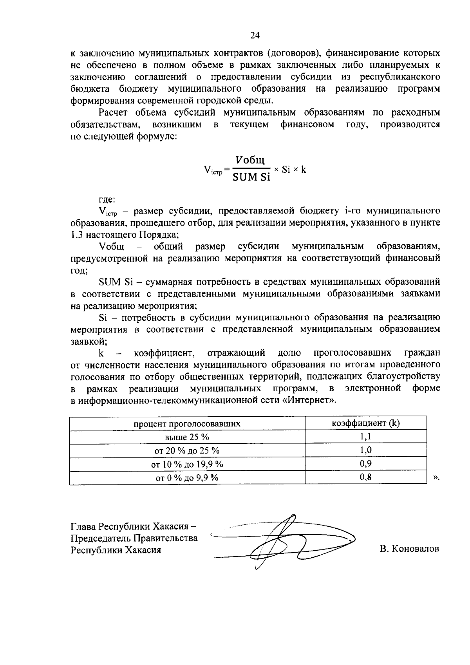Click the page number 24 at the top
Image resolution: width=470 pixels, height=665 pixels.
pyautogui.click(x=255, y=36)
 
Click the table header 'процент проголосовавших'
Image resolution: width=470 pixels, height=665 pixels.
pyautogui.click(x=187, y=424)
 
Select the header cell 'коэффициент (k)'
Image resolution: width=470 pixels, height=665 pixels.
pyautogui.click(x=366, y=423)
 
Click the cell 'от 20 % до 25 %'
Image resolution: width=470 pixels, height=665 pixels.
pyautogui.click(x=187, y=451)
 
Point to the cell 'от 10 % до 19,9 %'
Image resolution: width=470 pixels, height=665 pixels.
pyautogui.click(x=187, y=464)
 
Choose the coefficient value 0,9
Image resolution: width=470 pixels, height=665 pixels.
pyautogui.click(x=366, y=464)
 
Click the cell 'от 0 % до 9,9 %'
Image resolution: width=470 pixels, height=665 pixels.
pyautogui.click(x=187, y=478)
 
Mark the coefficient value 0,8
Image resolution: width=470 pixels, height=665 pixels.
pyautogui.click(x=366, y=477)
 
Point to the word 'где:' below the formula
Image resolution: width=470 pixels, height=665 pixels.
pyautogui.click(x=107, y=199)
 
